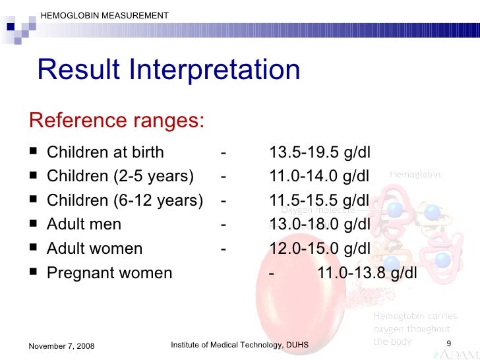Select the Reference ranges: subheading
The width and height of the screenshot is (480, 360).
(116, 121)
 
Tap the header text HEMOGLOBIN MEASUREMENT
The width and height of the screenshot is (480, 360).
(104, 15)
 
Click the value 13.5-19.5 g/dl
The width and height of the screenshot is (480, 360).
(320, 153)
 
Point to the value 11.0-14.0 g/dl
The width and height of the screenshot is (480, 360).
(320, 177)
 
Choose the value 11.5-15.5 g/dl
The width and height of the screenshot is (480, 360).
(320, 201)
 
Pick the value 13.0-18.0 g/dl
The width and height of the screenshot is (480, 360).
(320, 225)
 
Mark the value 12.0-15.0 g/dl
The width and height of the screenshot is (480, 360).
(320, 249)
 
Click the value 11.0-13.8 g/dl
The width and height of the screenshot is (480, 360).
(368, 273)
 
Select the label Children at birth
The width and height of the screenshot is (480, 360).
(105, 153)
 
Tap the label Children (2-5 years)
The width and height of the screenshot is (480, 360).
(121, 177)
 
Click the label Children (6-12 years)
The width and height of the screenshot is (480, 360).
(125, 201)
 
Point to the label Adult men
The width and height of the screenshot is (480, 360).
(84, 225)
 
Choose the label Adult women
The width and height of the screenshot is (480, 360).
(95, 249)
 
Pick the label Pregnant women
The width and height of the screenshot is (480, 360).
(109, 273)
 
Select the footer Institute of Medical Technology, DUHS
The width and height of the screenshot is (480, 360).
(239, 345)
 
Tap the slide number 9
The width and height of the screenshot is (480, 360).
(448, 344)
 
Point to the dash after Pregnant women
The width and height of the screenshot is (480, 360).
(272, 273)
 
